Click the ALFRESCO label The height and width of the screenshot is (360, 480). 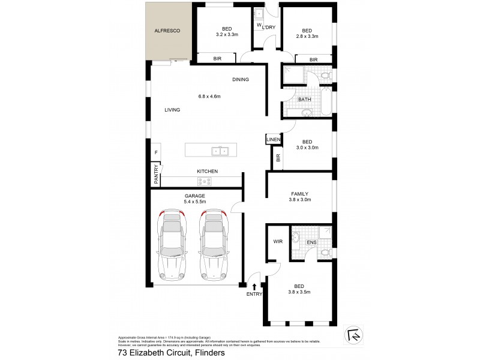167,30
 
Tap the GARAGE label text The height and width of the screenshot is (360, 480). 195,196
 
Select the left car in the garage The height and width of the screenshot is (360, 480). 173,246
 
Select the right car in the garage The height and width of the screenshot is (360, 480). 214,246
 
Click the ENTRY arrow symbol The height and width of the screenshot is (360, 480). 255,287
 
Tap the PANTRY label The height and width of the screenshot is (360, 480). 155,174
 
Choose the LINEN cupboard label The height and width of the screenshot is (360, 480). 273,140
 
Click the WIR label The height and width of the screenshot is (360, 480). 277,241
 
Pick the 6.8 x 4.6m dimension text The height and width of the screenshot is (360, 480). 209,97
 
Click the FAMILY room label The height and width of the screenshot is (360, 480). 299,194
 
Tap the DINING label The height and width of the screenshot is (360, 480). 241,79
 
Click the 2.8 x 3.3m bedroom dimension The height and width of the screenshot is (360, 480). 307,37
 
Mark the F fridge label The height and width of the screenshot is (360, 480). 155,152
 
